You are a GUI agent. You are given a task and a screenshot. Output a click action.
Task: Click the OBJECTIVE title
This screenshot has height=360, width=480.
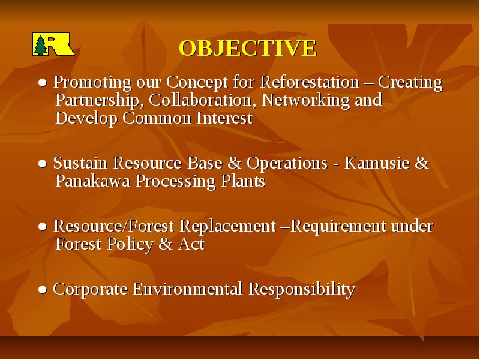click(x=248, y=48)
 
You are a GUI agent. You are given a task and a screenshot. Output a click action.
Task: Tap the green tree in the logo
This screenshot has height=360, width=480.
click(x=40, y=46)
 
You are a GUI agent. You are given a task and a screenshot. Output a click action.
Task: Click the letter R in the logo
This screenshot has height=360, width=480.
click(x=55, y=46)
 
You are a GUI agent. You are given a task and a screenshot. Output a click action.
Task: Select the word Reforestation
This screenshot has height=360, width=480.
click(x=310, y=82)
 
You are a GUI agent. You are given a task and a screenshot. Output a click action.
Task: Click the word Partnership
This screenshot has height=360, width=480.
click(x=97, y=101)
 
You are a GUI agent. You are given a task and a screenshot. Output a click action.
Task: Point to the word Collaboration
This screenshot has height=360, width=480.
click(x=202, y=100)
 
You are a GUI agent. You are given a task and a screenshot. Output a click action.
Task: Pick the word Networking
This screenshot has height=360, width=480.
click(x=305, y=101)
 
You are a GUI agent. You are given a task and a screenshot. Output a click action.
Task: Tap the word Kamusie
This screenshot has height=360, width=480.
click(x=377, y=163)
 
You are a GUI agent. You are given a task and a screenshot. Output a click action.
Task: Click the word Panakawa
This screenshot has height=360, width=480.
click(x=93, y=181)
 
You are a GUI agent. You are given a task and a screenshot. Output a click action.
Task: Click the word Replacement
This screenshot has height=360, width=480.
click(x=227, y=227)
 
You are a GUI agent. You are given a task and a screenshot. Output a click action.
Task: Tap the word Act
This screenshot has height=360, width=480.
click(x=191, y=244)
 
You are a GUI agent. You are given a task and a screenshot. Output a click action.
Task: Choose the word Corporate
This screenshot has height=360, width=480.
click(x=91, y=290)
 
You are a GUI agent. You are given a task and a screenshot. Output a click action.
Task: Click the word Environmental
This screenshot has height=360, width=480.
click(x=188, y=289)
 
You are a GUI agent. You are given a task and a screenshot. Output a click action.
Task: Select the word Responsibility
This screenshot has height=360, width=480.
click(x=302, y=290)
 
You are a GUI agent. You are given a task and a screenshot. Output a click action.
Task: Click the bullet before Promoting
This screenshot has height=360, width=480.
click(x=43, y=83)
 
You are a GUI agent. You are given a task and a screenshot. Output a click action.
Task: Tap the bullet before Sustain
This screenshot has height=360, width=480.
click(x=43, y=163)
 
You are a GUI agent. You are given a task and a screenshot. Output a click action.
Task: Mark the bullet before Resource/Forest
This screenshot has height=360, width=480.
click(x=43, y=227)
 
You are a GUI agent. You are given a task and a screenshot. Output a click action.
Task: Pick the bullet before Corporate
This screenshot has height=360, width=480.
click(x=43, y=290)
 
